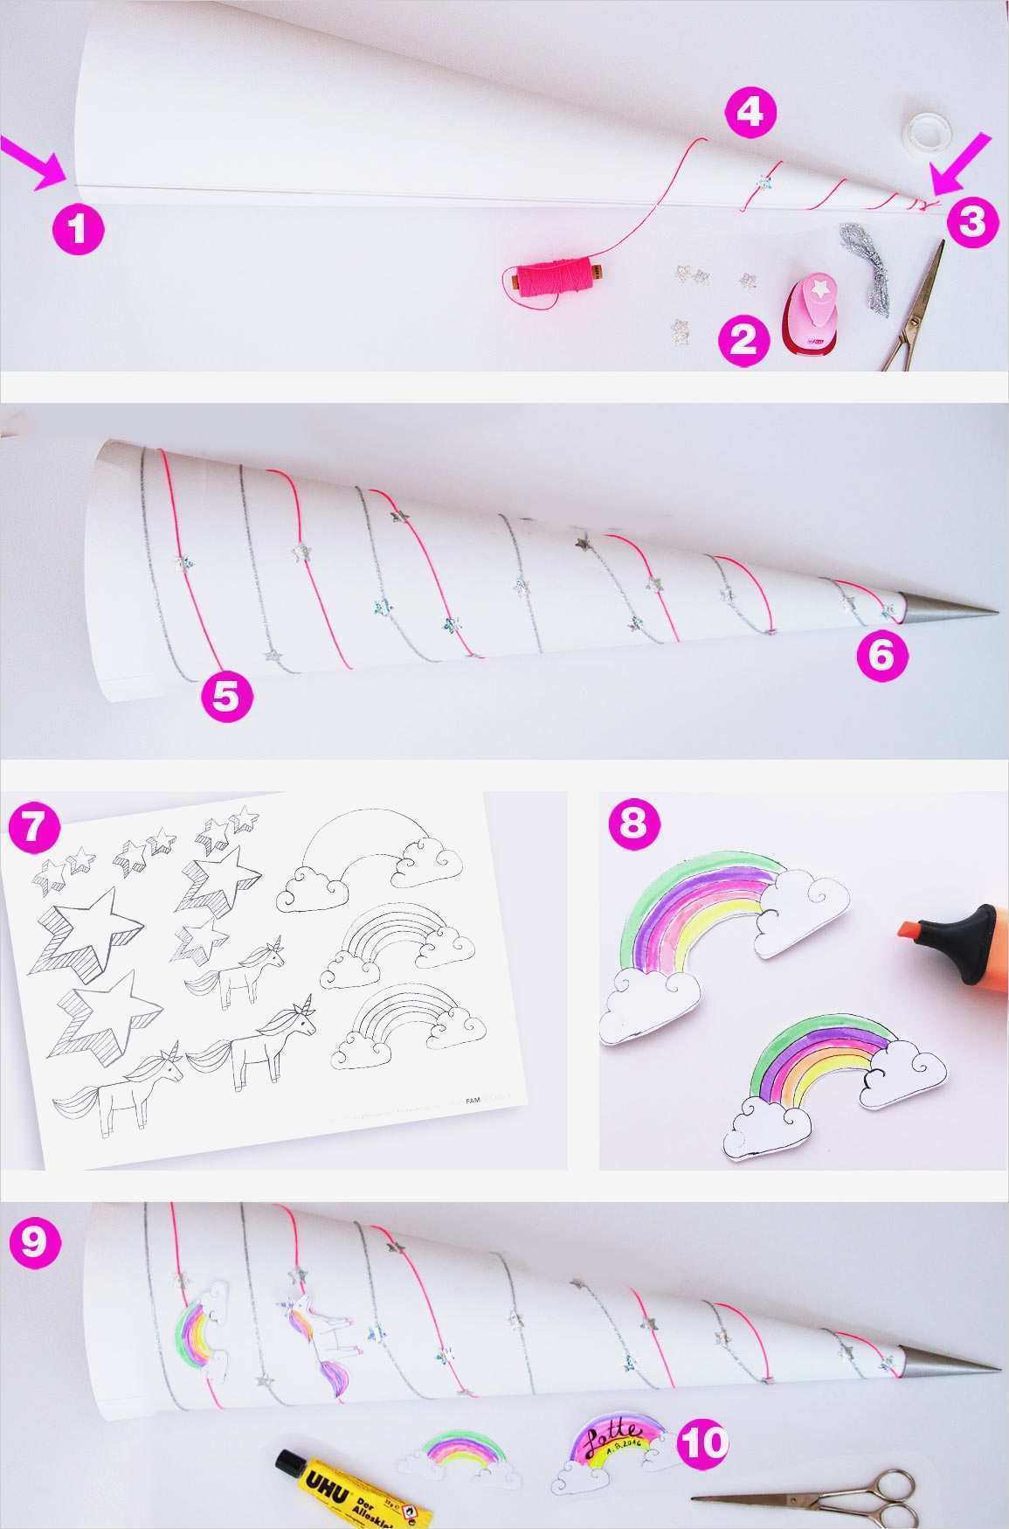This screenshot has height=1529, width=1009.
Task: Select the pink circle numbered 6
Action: [881, 657]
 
